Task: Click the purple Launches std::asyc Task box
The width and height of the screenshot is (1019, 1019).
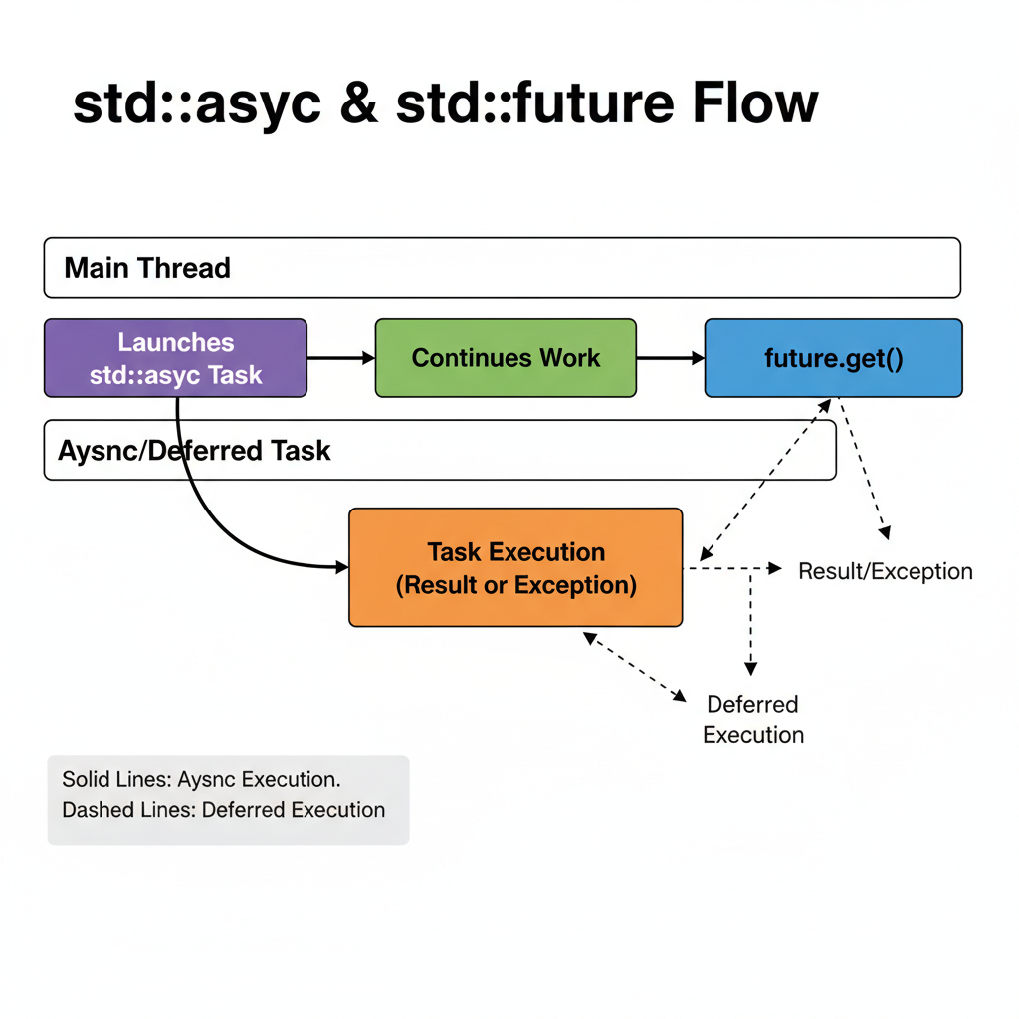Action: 175,358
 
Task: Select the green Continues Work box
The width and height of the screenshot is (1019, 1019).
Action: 506,358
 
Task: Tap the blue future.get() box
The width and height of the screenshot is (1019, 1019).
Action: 833,358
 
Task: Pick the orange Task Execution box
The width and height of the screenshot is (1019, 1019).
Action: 515,568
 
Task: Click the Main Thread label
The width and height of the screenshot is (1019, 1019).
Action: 147,268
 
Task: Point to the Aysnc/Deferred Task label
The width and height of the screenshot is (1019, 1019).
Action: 194,450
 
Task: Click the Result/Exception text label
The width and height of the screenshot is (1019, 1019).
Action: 885,571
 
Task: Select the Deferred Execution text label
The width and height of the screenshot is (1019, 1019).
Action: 752,719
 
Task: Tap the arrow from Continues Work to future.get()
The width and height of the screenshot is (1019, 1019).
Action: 670,358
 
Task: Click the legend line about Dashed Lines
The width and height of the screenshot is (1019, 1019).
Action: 223,810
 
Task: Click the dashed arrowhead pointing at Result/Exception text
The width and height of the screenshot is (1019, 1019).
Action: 775,568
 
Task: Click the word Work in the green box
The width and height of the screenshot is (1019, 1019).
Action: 571,358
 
